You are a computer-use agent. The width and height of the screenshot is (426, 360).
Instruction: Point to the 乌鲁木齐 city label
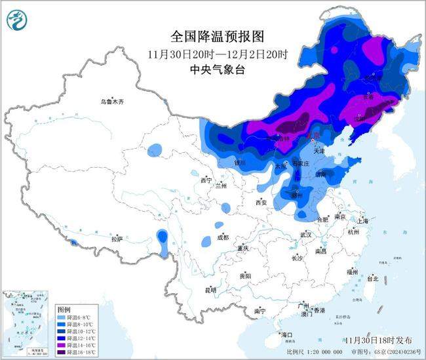point(111,102)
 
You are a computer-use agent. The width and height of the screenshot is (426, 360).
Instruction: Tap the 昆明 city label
point(210,289)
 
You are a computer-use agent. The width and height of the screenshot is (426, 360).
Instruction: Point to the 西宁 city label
point(206,180)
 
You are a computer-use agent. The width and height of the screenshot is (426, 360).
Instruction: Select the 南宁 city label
point(260,310)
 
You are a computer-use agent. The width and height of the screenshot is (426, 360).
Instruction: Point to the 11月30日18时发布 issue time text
point(379,340)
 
